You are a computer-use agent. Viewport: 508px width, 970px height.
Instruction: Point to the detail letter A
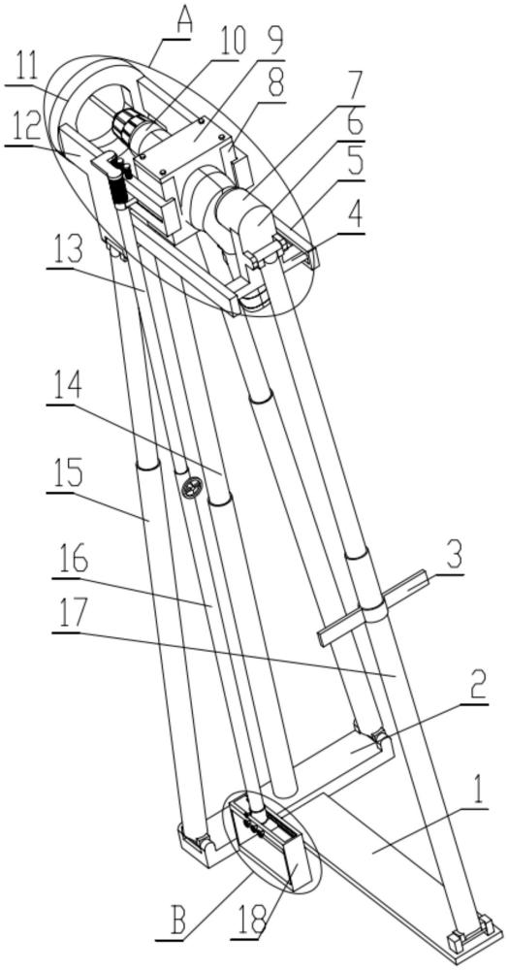[x=183, y=19]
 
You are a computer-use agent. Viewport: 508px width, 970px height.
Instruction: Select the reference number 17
[x=71, y=616]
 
